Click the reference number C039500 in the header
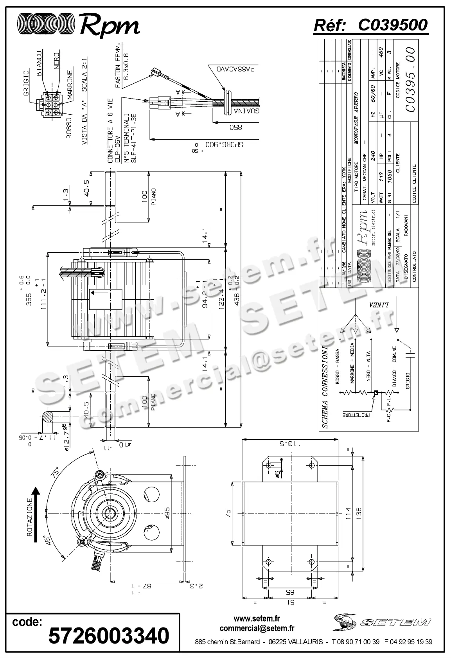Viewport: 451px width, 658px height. [392, 25]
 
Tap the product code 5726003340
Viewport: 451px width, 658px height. [109, 635]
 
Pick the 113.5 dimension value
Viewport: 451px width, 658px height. [290, 444]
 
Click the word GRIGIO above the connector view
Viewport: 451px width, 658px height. [26, 82]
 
